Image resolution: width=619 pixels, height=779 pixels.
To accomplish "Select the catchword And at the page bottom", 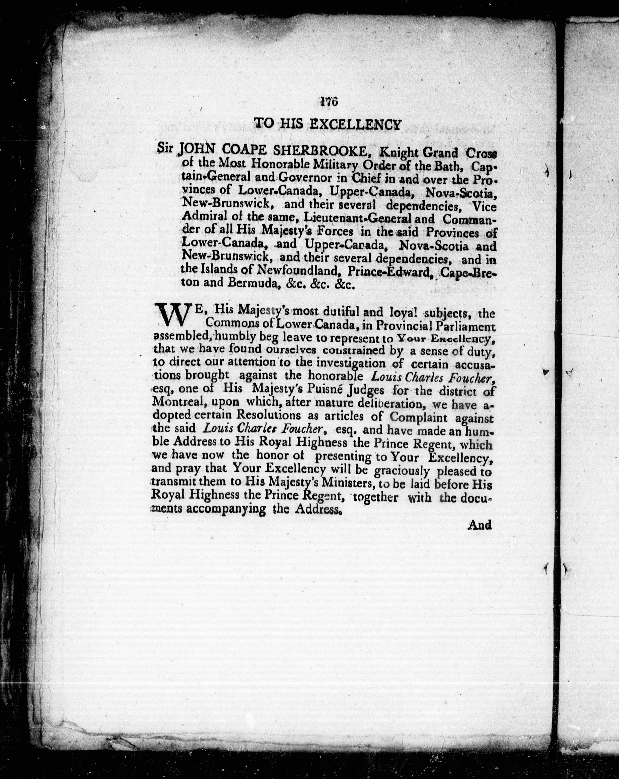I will tap(480, 525).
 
